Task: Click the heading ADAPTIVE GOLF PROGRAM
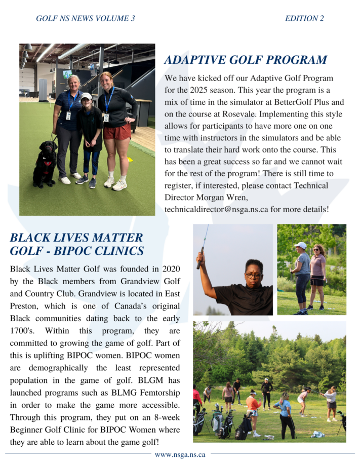click(x=246, y=60)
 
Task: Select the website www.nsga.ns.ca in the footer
click(x=180, y=454)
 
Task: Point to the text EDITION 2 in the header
click(x=304, y=19)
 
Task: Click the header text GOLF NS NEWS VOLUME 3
click(x=86, y=19)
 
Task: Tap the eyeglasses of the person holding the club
click(x=253, y=276)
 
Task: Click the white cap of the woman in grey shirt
click(x=301, y=245)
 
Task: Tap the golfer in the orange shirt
click(x=253, y=405)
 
